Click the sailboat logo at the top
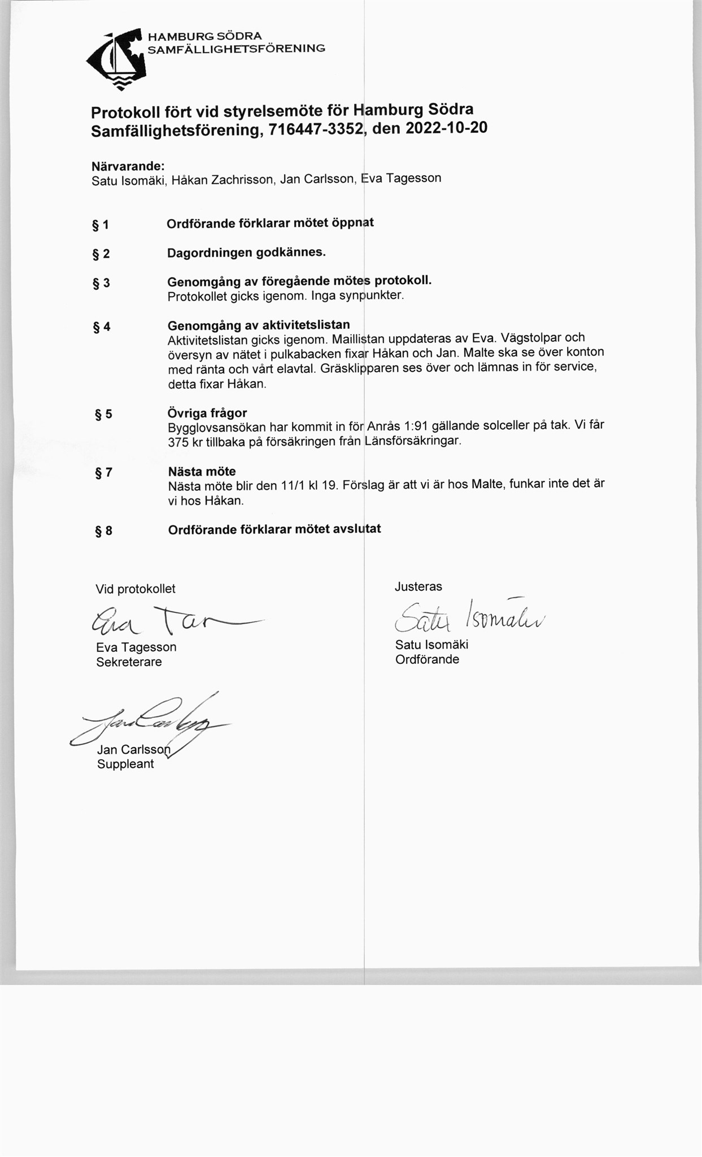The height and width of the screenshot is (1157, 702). [117, 59]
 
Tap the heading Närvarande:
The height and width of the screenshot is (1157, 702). [128, 167]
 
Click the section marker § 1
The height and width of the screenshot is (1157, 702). [101, 225]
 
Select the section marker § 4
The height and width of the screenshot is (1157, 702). [102, 327]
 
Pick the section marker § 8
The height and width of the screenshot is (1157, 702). [103, 530]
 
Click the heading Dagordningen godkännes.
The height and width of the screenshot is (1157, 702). [246, 253]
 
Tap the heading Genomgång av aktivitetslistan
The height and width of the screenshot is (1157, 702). [259, 325]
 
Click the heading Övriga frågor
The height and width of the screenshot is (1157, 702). [207, 412]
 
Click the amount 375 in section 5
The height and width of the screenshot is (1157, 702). [178, 442]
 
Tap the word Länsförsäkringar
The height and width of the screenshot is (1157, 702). [412, 440]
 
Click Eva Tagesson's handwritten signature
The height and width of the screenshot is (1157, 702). [169, 621]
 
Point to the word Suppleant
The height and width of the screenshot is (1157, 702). [125, 764]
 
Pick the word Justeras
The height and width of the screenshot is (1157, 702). [418, 586]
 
